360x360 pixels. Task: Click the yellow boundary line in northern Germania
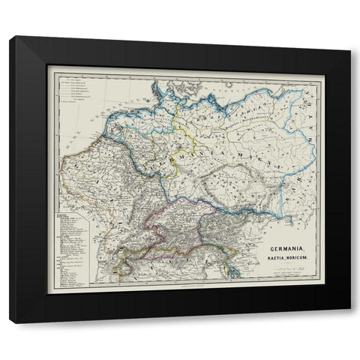click(192, 139)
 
